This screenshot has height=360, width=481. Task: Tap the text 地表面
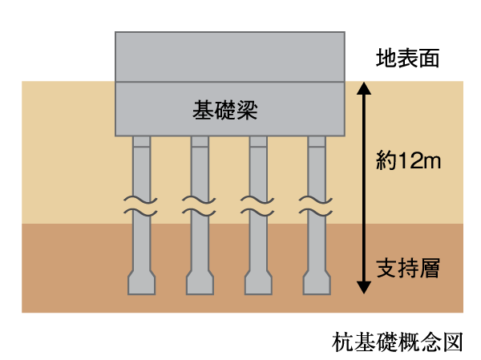(x=408, y=59)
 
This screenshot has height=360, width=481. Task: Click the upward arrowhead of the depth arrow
(x=363, y=87)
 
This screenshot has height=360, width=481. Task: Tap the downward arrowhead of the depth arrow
(x=363, y=286)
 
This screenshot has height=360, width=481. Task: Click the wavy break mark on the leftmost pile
(x=141, y=205)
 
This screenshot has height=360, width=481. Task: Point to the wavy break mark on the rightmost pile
(x=317, y=205)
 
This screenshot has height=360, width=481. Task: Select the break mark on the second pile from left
(x=200, y=205)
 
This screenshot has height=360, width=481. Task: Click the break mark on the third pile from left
(x=258, y=205)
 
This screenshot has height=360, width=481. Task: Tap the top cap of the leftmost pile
(x=141, y=143)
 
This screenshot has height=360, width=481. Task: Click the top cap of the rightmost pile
(x=317, y=143)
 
